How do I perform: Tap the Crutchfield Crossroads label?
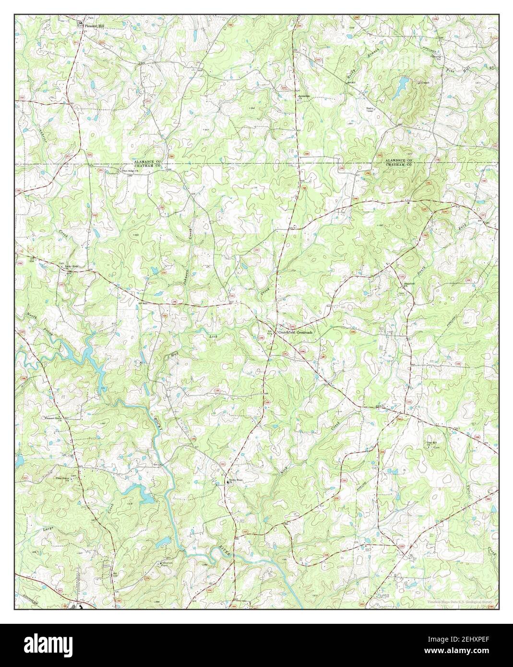coord(294,332)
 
